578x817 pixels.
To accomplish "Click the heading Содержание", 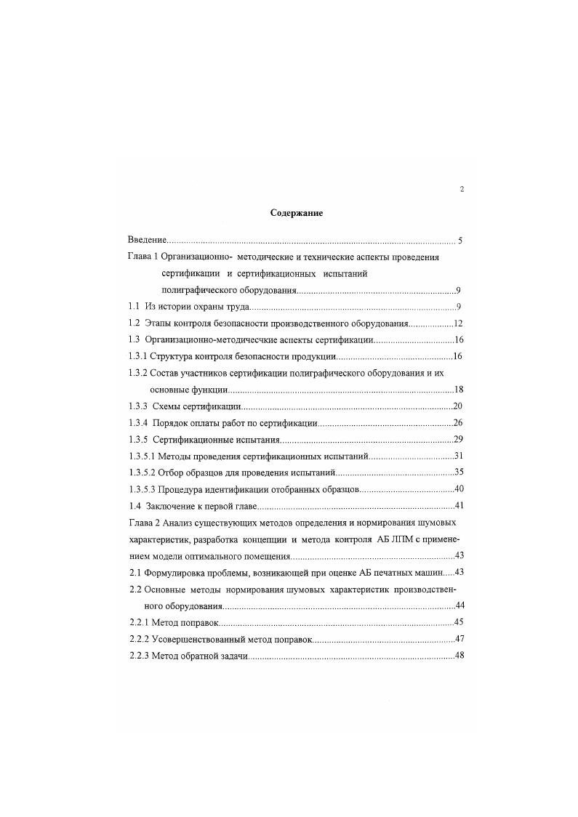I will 296,214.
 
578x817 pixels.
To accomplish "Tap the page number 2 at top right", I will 462,190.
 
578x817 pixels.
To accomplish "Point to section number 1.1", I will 134,306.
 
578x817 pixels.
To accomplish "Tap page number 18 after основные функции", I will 459,389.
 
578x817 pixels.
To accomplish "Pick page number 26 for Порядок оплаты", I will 459,423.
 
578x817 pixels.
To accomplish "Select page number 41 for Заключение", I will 459,506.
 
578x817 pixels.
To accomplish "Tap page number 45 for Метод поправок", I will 459,622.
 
